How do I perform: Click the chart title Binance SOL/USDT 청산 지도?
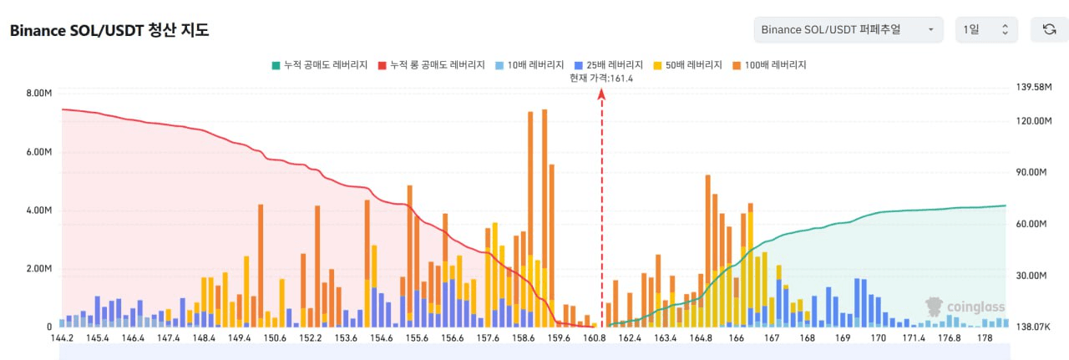pyautogui.click(x=109, y=31)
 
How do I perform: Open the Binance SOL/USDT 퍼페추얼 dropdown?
pyautogui.click(x=848, y=30)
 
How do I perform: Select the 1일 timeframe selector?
pyautogui.click(x=986, y=30)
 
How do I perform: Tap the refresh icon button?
pyautogui.click(x=1049, y=30)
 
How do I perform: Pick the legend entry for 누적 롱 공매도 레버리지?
pyautogui.click(x=431, y=64)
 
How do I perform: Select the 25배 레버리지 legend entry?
pyautogui.click(x=609, y=64)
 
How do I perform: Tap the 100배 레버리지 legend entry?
pyautogui.click(x=768, y=64)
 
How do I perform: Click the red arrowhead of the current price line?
pyautogui.click(x=601, y=94)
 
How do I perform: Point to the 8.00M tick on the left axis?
pyautogui.click(x=38, y=94)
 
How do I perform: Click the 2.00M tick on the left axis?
pyautogui.click(x=38, y=269)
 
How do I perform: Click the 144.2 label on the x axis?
pyautogui.click(x=62, y=338)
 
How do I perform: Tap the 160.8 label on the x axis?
pyautogui.click(x=595, y=338)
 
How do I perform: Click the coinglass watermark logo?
pyautogui.click(x=965, y=307)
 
